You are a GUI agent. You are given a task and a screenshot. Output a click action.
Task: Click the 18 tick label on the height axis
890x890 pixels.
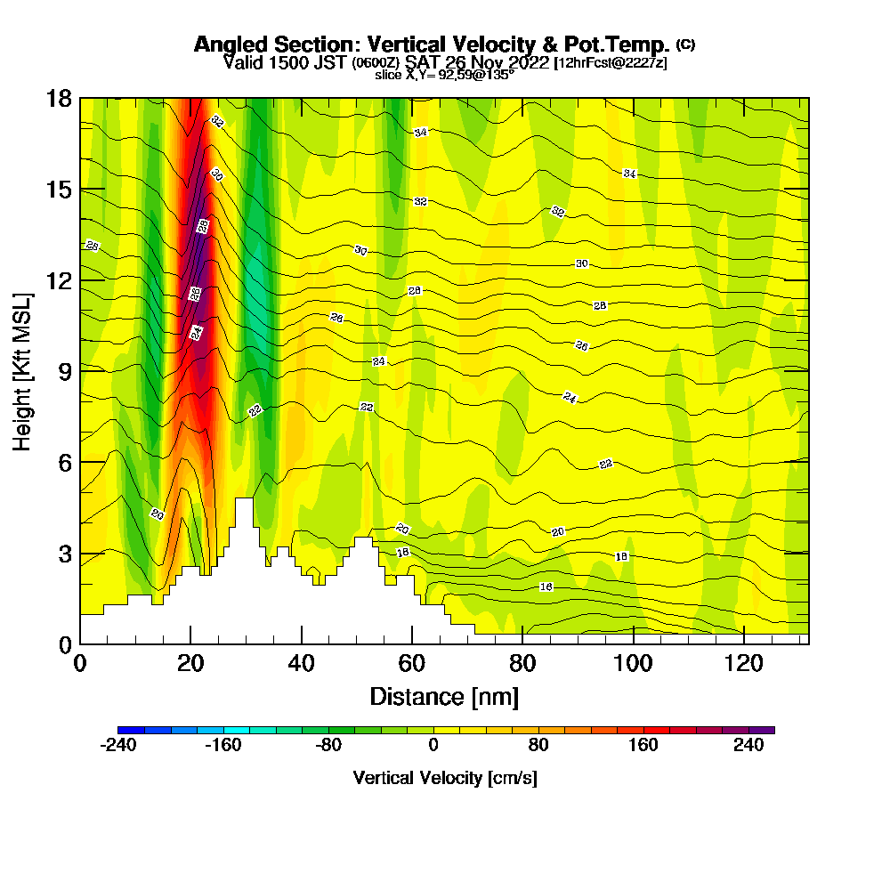[59, 98]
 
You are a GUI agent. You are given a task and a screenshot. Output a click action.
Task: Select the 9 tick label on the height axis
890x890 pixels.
[64, 371]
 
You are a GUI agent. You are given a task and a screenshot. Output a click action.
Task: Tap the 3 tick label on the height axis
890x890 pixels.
[64, 553]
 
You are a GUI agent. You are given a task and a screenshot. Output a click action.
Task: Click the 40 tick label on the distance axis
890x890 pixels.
[302, 663]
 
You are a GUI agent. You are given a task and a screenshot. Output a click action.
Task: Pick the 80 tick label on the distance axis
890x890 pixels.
[522, 663]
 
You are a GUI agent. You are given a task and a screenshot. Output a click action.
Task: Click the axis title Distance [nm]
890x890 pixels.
[444, 695]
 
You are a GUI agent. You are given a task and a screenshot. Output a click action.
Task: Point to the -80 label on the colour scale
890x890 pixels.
[328, 746]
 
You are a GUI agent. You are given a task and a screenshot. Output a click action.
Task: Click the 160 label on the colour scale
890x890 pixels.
[643, 746]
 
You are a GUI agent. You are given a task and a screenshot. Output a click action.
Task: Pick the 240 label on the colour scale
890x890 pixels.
[748, 746]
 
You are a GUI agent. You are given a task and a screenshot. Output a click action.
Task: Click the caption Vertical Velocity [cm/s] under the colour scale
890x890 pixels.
[445, 778]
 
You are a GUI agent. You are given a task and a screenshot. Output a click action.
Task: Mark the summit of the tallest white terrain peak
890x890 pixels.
[244, 499]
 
